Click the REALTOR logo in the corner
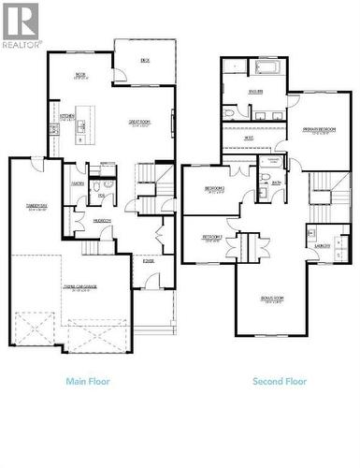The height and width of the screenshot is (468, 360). pos(21,26)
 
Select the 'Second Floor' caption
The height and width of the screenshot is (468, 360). pos(279,381)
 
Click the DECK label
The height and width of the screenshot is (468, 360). pos(145,60)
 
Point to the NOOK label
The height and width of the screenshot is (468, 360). pos(80,75)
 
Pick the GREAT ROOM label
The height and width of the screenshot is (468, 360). pos(141,123)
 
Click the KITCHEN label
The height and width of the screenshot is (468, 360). pos(67,117)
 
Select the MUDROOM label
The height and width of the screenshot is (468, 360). pos(102,220)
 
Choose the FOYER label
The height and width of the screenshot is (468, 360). pos(149,261)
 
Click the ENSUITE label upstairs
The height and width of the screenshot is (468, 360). pos(254,91)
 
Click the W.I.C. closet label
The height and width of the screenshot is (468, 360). pos(249,139)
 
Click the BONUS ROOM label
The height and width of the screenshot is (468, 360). pos(273,299)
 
